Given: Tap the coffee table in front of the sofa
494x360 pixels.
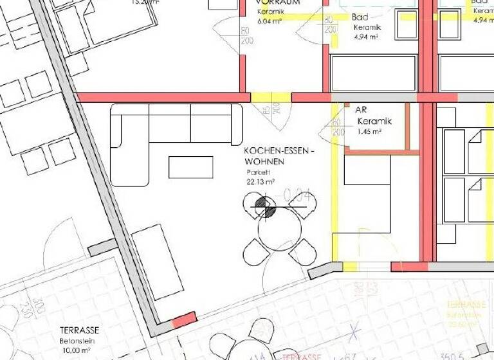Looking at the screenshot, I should point(190,167).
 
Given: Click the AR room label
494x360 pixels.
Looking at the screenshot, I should point(361,110).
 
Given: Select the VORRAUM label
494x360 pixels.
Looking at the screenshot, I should point(278,3).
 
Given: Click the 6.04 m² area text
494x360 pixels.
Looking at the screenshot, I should point(270,21).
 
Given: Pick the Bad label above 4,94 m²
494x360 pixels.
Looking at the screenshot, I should point(360,17).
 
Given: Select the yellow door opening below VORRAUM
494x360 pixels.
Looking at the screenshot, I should point(271,98).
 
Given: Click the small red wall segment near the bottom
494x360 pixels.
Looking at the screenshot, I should point(185,318).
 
